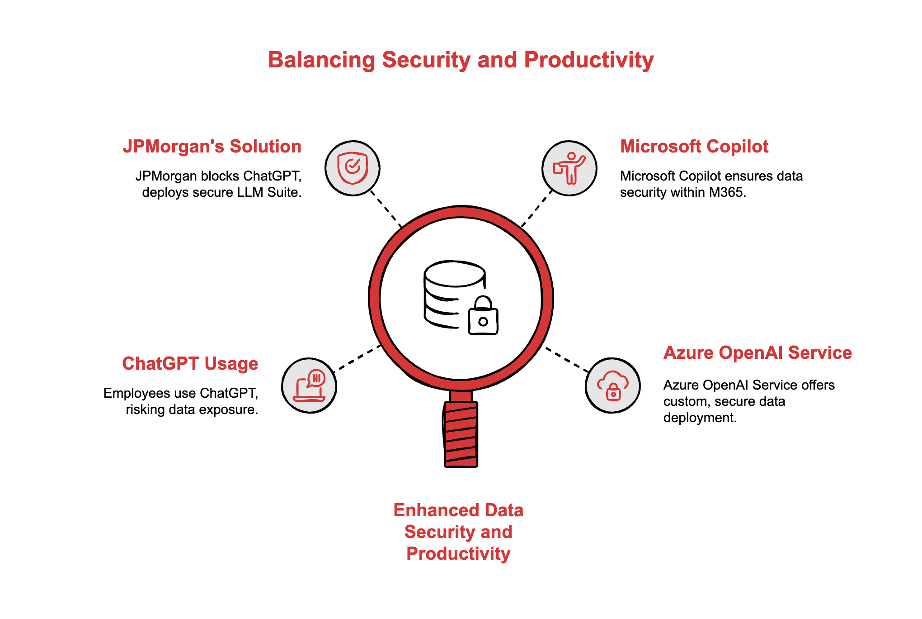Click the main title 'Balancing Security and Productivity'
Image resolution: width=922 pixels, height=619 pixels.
461,60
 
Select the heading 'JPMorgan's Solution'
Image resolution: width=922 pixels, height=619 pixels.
212,147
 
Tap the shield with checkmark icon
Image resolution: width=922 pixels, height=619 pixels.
353,168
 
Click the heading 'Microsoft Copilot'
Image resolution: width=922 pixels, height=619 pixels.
694,147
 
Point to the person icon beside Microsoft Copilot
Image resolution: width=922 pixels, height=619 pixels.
569,168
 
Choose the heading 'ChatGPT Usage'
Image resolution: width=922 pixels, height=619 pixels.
190,364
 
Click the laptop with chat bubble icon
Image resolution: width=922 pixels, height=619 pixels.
309,386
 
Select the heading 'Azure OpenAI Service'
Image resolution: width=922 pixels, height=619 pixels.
757,353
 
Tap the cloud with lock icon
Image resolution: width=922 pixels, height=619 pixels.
613,386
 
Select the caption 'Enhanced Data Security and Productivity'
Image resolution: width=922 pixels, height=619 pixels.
458,532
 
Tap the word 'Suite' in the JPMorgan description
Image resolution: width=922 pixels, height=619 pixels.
284,192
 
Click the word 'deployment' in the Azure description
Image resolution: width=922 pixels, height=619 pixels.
700,418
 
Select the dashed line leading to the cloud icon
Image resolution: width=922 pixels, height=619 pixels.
567,360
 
